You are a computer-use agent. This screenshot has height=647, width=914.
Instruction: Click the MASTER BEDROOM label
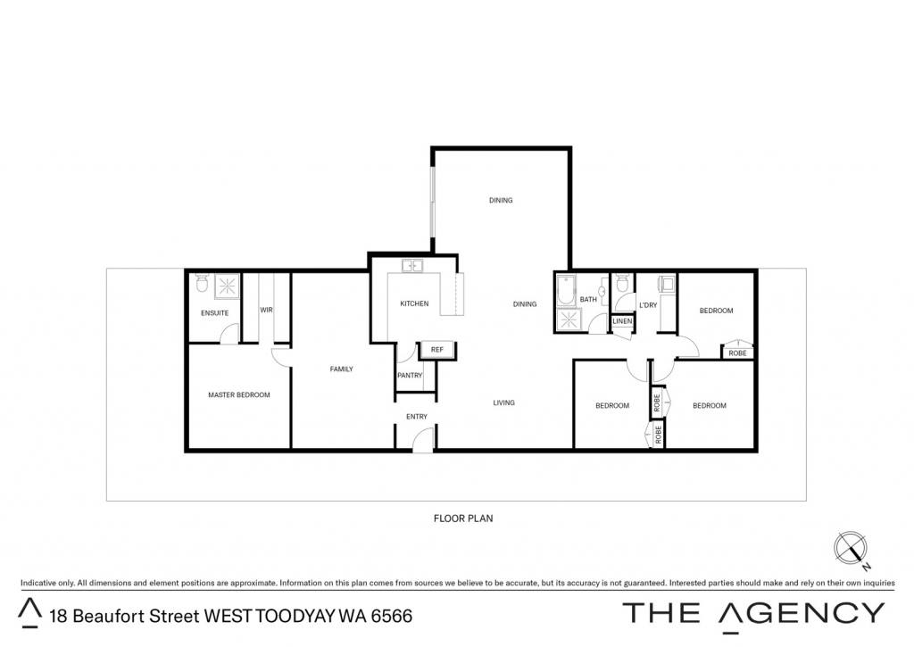click(x=239, y=394)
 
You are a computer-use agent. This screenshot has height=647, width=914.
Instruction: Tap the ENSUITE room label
click(x=214, y=313)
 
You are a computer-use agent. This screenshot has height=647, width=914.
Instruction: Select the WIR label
click(x=266, y=310)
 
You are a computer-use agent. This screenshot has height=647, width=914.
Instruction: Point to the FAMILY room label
click(x=342, y=369)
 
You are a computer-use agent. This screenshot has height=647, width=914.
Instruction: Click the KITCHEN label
click(x=414, y=303)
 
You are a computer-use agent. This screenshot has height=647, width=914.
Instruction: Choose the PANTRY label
click(x=410, y=376)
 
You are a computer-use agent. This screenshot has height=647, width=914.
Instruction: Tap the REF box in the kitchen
click(x=437, y=350)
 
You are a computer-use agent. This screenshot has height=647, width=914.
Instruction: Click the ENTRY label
click(x=417, y=417)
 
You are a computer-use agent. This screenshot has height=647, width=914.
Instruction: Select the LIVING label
click(x=503, y=402)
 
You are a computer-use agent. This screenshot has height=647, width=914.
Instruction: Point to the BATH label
click(x=588, y=300)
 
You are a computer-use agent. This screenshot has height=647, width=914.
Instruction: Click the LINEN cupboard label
click(x=622, y=321)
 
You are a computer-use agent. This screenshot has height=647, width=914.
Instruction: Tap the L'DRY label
click(x=648, y=305)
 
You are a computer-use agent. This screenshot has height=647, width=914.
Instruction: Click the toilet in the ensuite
click(x=203, y=283)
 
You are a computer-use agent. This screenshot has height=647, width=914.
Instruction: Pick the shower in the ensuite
click(x=226, y=286)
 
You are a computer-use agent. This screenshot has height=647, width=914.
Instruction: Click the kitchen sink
click(x=412, y=266)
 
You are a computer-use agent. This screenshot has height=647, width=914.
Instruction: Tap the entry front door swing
click(x=424, y=439)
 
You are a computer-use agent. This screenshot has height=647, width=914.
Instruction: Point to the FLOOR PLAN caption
click(x=463, y=518)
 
